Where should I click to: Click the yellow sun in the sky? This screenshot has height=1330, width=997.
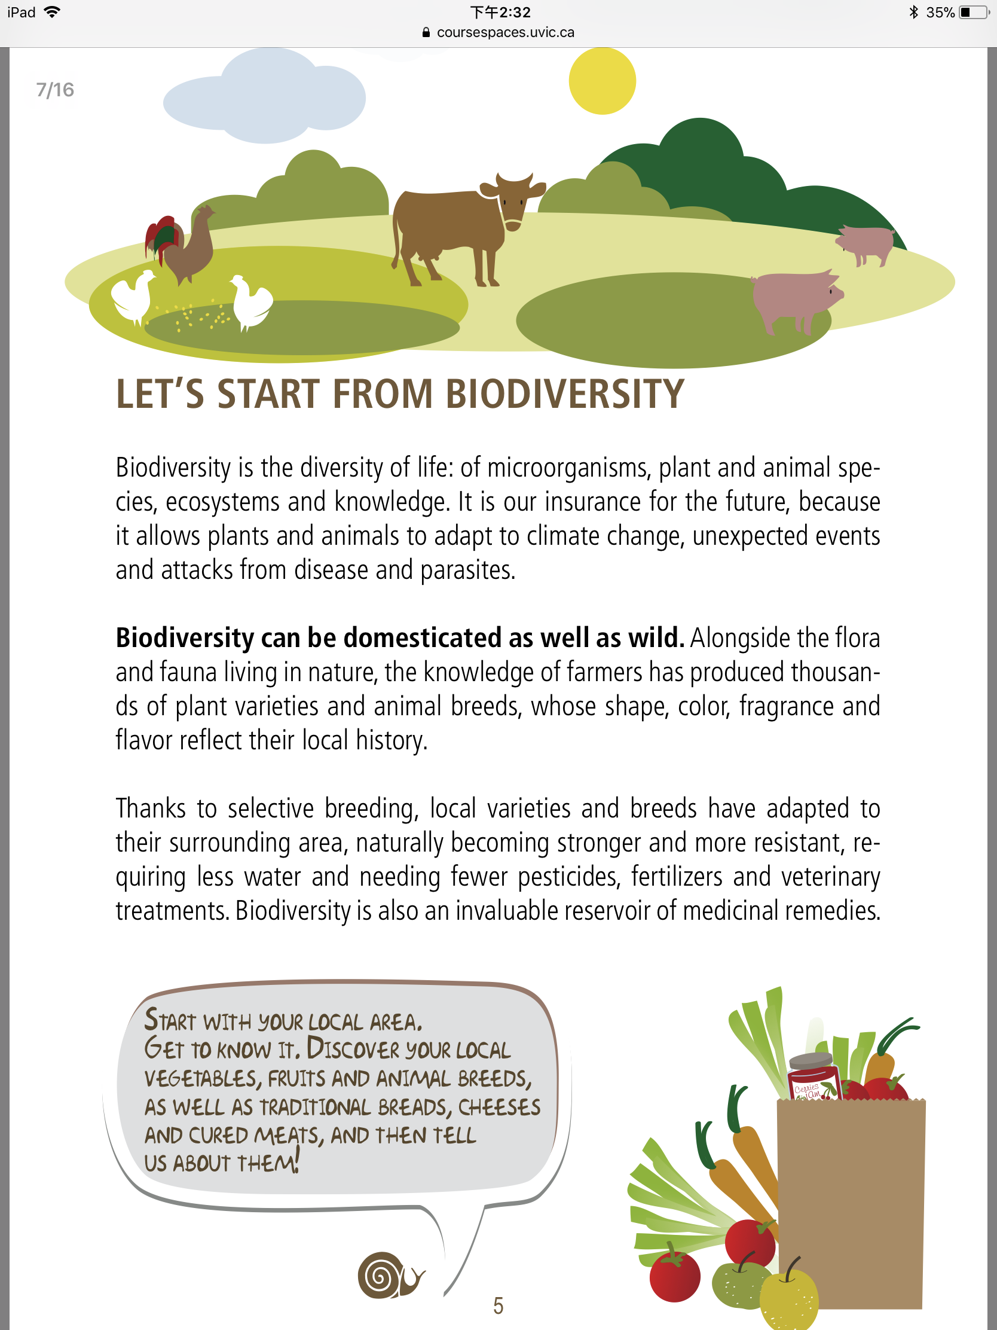[x=602, y=81]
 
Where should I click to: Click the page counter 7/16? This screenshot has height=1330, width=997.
[x=54, y=90]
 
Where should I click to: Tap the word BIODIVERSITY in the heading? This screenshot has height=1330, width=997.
[x=564, y=395]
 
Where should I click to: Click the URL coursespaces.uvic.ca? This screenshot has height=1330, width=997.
[x=506, y=32]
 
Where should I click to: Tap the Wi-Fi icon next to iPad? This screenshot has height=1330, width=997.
[x=52, y=12]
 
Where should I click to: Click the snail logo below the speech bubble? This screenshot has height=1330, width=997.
[x=391, y=1275]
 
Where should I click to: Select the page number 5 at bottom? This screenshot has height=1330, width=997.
[x=498, y=1305]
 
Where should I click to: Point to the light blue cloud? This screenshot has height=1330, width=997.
[x=264, y=96]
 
